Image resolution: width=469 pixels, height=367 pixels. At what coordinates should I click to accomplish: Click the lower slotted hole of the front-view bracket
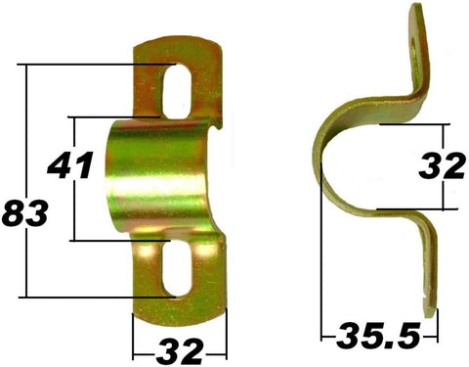pos(178,270)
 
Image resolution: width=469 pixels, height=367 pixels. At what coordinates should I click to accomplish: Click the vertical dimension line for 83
pos(28,127)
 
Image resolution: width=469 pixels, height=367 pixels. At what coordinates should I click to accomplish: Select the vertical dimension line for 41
pos(72,210)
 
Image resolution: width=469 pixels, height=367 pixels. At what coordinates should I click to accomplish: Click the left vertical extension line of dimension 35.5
pos(322,274)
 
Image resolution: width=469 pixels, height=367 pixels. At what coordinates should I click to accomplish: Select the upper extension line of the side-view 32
pos(415,125)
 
